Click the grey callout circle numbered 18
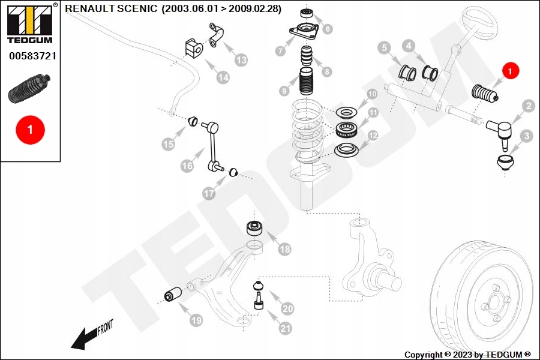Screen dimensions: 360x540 284,249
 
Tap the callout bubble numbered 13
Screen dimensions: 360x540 241,60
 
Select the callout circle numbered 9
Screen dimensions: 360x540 284,91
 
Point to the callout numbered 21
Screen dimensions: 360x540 284,328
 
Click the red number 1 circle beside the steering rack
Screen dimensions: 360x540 510,71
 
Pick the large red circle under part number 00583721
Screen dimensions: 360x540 30,129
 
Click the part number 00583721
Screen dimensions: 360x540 32,56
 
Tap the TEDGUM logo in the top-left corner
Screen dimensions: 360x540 29,24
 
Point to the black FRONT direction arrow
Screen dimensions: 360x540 84,339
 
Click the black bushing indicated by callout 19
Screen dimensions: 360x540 174,295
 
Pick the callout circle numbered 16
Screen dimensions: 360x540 187,165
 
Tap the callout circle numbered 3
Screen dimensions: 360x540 526,136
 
